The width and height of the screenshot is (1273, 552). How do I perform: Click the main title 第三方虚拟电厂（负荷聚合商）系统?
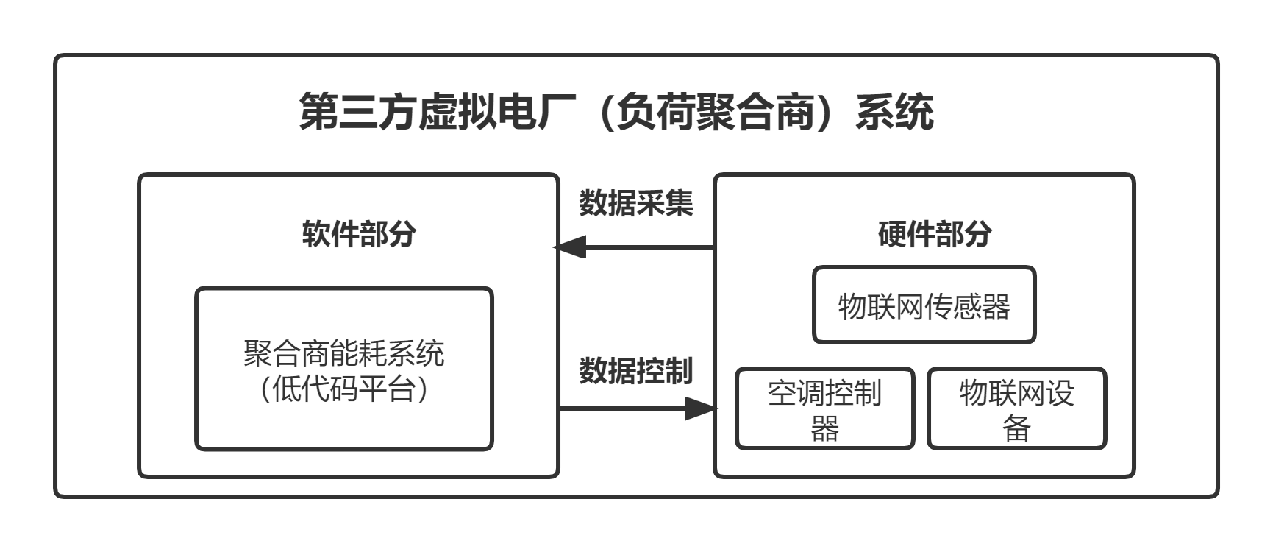point(616,113)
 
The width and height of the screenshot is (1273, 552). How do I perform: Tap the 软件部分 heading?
point(359,233)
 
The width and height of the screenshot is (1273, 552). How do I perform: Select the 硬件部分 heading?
point(934,233)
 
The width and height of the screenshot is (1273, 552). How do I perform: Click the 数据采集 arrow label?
point(635,202)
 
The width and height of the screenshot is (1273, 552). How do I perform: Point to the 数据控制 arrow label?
point(635,370)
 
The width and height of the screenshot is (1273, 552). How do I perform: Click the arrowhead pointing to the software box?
point(569,247)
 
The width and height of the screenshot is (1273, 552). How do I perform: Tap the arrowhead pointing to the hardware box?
point(701,408)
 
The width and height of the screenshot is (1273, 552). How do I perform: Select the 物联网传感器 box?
point(924,305)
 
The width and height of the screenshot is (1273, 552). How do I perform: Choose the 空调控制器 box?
point(824,408)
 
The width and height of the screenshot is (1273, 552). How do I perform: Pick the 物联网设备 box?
point(1016,408)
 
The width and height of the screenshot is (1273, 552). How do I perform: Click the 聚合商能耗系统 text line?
point(343,353)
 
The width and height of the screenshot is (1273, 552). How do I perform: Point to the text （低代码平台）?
point(343,388)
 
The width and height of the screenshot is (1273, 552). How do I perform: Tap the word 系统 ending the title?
point(895,113)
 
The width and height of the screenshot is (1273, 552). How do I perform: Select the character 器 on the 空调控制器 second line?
point(824,428)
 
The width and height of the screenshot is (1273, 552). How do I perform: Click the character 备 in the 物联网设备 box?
point(1016,428)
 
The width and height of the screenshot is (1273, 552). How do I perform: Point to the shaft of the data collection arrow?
point(650,247)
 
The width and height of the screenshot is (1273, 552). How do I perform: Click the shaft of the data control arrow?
point(622,408)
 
